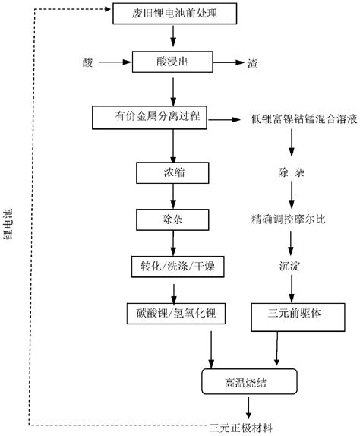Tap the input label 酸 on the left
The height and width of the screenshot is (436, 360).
(88, 61)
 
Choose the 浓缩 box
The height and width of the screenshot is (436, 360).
(173, 173)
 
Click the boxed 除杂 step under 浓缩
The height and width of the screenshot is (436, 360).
(173, 222)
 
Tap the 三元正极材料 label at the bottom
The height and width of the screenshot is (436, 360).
(242, 427)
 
